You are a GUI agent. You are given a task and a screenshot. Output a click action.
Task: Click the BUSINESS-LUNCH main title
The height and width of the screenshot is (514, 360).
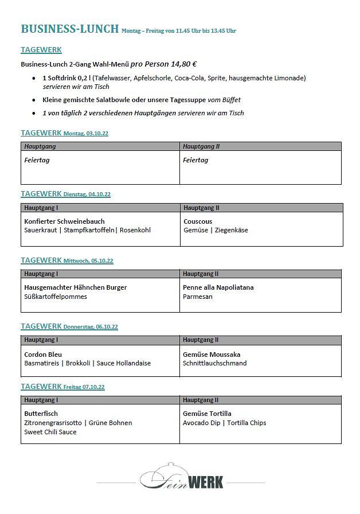70,29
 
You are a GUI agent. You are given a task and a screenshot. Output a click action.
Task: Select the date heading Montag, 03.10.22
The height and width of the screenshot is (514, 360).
85,134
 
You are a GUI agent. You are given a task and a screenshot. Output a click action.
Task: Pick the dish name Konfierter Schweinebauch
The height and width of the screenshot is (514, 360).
64,221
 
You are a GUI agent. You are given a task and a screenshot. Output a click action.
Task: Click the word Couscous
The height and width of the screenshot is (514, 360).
198,221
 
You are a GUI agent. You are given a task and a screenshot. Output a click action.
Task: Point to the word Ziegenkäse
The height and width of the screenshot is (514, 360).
232,231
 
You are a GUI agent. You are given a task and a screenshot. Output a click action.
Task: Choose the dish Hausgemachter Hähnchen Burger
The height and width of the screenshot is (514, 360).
75,287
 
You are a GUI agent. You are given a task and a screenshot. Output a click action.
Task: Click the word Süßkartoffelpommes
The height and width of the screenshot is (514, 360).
56,297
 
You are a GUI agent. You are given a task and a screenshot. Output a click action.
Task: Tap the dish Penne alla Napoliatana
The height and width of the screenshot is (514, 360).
218,287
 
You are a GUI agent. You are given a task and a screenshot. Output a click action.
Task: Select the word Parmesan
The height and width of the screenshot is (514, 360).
198,297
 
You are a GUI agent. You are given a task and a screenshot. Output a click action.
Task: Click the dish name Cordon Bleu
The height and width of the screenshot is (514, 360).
43,355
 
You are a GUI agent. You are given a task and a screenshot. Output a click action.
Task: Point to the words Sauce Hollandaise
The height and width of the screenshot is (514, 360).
124,363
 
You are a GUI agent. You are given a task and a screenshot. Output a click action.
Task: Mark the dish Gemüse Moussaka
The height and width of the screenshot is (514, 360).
212,355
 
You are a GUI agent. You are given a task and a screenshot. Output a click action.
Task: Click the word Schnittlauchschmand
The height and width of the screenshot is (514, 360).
214,363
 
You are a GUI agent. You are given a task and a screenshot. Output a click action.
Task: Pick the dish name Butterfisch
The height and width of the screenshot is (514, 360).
41,414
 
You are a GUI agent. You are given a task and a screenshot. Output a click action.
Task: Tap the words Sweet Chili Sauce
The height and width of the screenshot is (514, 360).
50,432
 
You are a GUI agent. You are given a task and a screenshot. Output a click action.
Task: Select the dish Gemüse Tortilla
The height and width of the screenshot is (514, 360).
207,414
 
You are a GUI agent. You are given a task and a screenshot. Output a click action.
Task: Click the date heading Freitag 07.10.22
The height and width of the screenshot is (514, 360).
84,387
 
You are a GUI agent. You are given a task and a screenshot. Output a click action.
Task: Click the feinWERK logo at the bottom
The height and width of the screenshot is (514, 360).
181,477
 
